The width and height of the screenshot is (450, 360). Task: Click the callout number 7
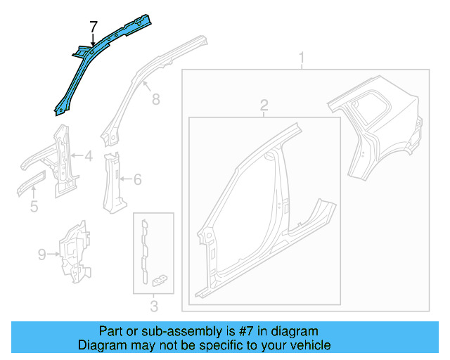tap(93, 27)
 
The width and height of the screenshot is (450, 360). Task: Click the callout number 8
tap(155, 99)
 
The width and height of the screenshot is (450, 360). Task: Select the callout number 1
tap(302, 57)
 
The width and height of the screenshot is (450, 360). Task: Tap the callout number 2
tap(264, 105)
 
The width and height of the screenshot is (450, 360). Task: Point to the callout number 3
tap(154, 305)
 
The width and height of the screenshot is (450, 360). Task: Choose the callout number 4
tap(88, 157)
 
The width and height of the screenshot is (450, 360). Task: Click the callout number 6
tap(137, 180)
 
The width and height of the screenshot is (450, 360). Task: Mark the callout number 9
tap(42, 252)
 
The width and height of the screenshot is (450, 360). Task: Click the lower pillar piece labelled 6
tap(111, 181)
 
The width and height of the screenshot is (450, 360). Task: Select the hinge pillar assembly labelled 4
tap(62, 162)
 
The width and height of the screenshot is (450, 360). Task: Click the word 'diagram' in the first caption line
tap(296, 330)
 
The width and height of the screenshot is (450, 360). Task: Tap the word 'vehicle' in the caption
tap(309, 345)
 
